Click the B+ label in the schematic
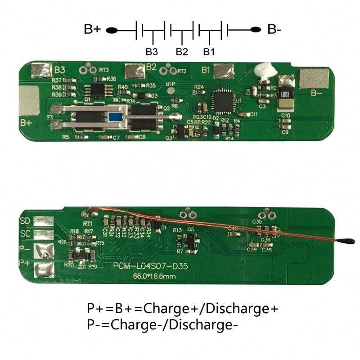tap(92, 30)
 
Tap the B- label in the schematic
tap(275, 30)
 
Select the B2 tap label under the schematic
tap(182, 51)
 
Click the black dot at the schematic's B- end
tap(256, 30)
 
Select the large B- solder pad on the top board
tap(311, 79)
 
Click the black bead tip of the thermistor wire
tap(348, 242)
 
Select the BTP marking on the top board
tap(171, 84)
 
